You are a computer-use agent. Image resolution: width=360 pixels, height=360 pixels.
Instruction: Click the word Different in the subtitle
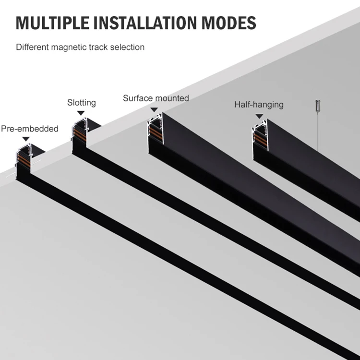[x=31, y=47]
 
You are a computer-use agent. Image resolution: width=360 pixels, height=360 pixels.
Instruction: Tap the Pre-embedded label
[x=30, y=129]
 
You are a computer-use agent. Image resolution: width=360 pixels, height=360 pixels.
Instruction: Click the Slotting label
[x=81, y=103]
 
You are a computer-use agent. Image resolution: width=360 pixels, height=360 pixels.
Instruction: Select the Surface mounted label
[x=156, y=98]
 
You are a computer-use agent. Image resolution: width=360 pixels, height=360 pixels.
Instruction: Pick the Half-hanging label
[x=259, y=104]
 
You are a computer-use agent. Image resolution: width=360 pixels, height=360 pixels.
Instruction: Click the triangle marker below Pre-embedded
[x=26, y=138]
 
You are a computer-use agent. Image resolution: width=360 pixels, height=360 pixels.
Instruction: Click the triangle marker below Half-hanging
[x=259, y=116]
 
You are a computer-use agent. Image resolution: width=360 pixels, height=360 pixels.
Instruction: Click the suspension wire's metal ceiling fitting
[x=317, y=106]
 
